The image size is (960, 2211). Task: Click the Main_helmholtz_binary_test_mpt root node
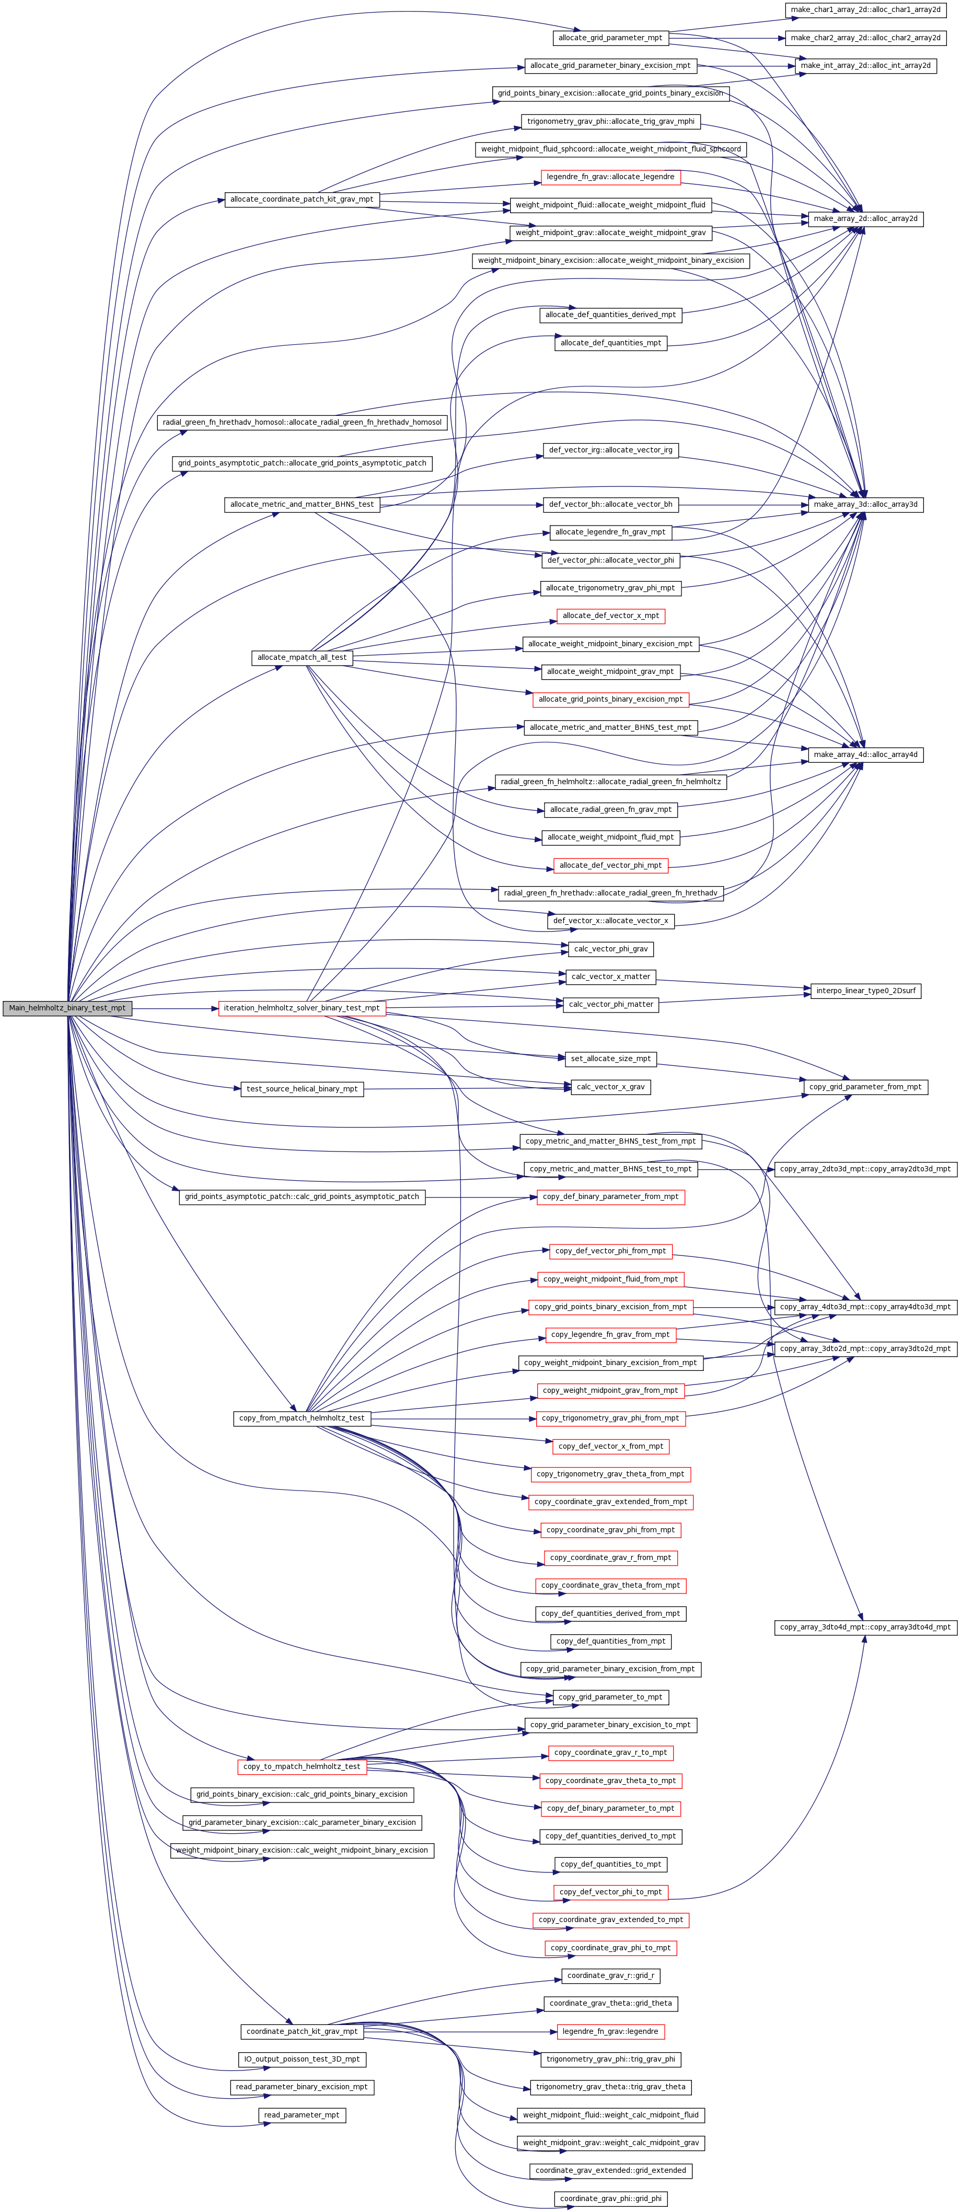pyautogui.click(x=67, y=1008)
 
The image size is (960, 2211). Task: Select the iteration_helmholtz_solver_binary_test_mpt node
pyautogui.click(x=302, y=1008)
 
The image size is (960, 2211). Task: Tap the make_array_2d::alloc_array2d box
pyautogui.click(x=865, y=219)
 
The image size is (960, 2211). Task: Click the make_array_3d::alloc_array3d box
pyautogui.click(x=865, y=505)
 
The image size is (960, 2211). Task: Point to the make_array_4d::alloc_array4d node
pyautogui.click(x=865, y=754)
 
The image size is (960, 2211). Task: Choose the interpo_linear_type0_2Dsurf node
pyautogui.click(x=865, y=991)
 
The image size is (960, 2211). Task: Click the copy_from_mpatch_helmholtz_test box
pyautogui.click(x=302, y=1418)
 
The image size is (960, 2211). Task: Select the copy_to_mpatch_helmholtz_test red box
pyautogui.click(x=302, y=1766)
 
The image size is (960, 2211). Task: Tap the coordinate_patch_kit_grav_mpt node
pyautogui.click(x=302, y=2032)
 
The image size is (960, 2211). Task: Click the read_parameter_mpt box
pyautogui.click(x=302, y=2115)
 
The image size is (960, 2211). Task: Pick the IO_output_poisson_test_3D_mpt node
pyautogui.click(x=302, y=2059)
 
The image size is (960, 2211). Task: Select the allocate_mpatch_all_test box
pyautogui.click(x=302, y=657)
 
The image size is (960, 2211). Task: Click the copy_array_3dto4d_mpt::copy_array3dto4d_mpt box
pyautogui.click(x=865, y=1626)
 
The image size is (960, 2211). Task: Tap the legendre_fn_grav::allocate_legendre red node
pyautogui.click(x=610, y=177)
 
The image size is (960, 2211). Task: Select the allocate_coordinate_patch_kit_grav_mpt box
pyautogui.click(x=302, y=199)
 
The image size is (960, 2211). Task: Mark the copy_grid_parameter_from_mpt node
pyautogui.click(x=865, y=1087)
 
